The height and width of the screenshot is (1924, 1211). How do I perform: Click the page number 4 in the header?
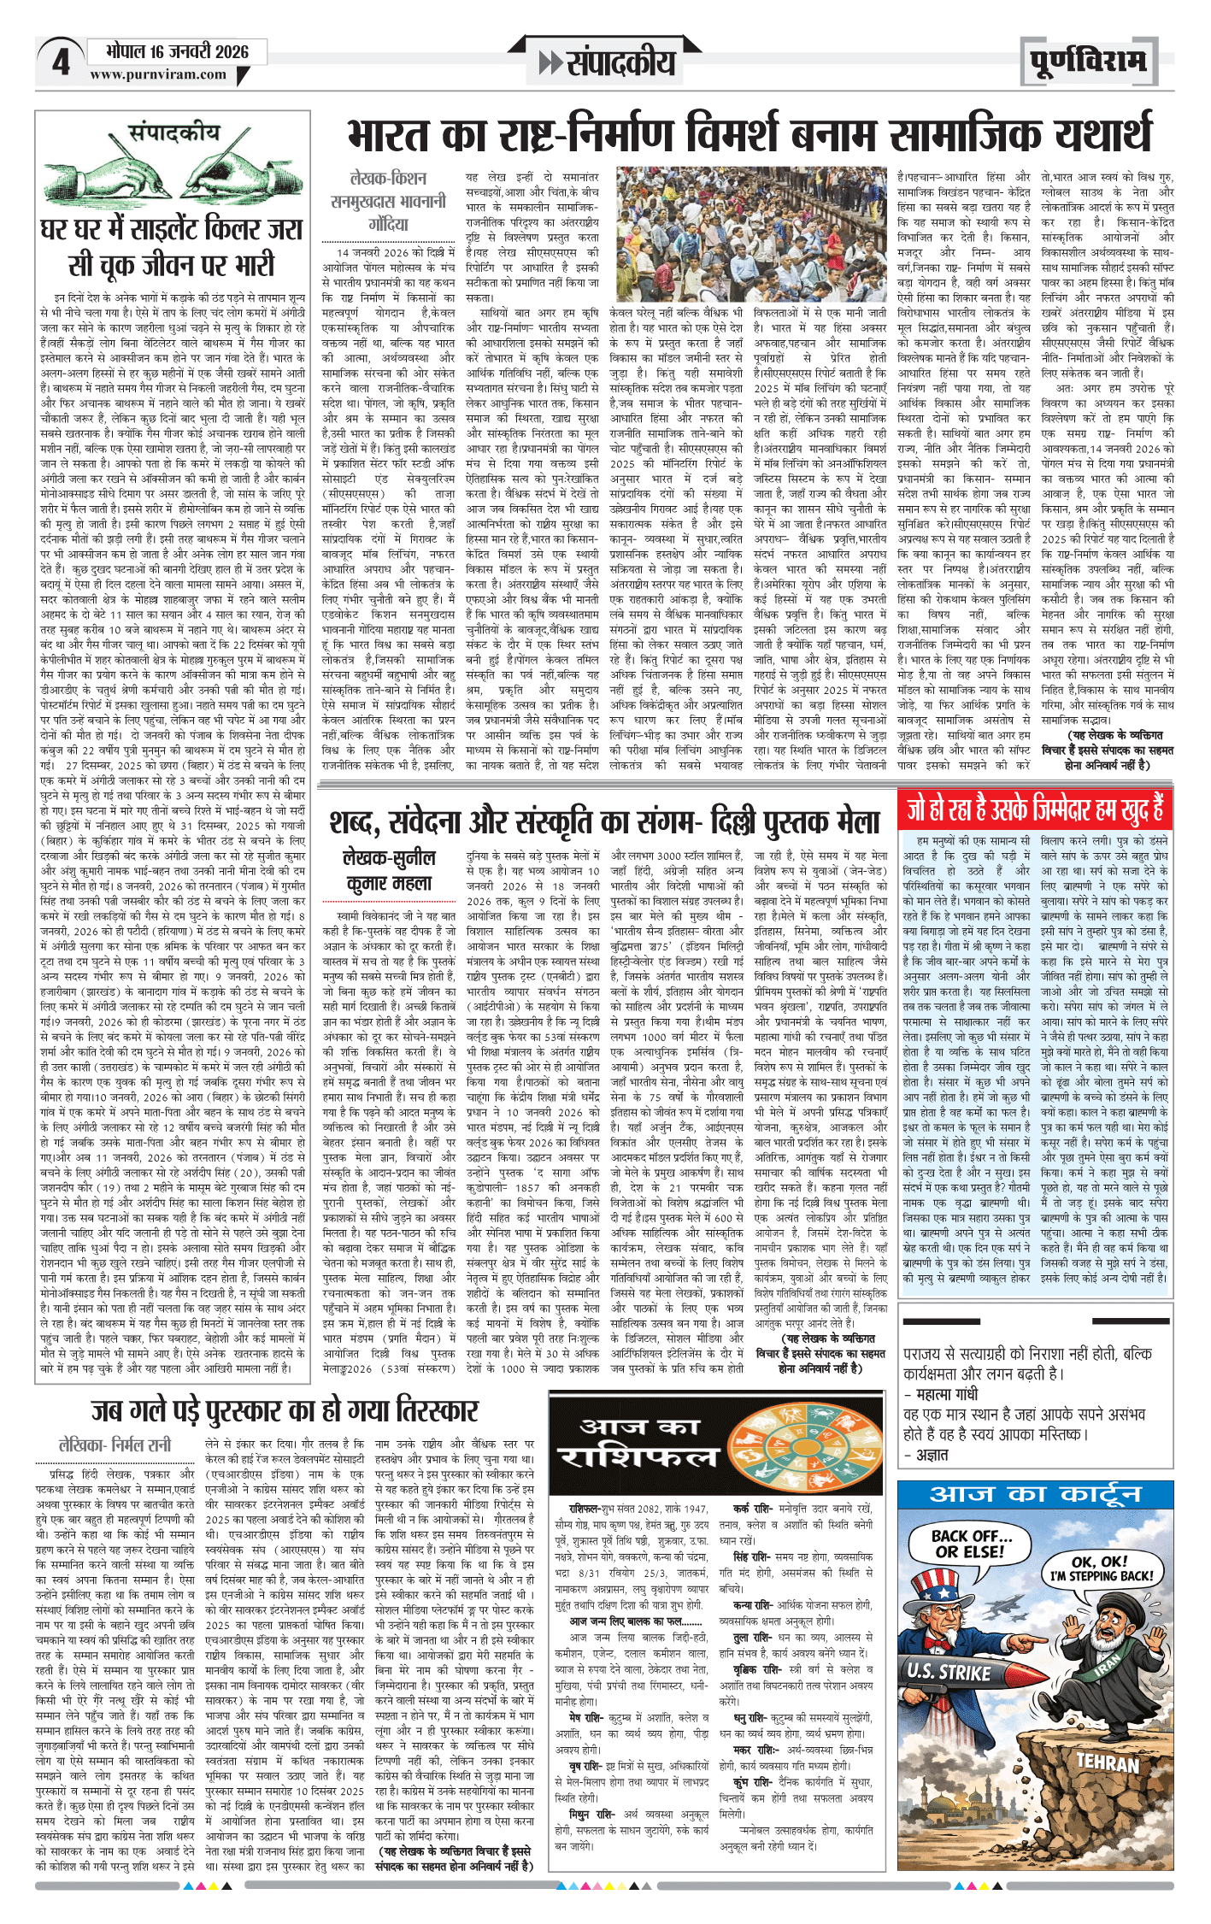coord(61,62)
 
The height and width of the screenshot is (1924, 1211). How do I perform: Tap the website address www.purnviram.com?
coord(158,74)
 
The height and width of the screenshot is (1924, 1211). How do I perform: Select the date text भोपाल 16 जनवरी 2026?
coord(177,51)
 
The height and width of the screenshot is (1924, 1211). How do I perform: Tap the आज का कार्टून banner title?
coord(1035,1494)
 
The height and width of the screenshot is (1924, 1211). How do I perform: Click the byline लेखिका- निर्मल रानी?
coord(115,1445)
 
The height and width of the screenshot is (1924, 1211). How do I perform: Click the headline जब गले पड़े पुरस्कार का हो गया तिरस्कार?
coord(285,1409)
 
